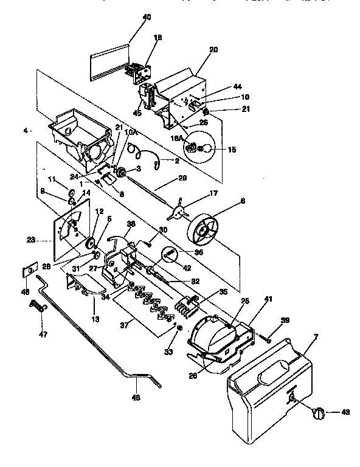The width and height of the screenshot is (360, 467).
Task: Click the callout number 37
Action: pos(125,325)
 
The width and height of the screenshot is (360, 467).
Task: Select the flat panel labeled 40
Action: pos(109,61)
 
